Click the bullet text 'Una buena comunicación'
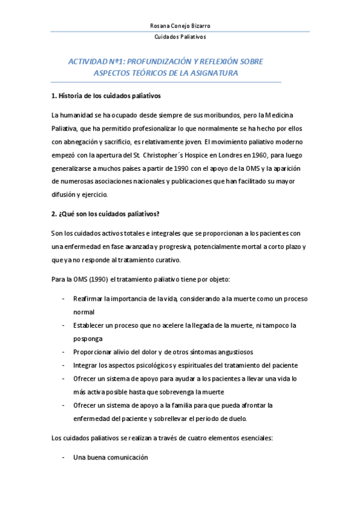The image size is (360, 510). tap(111, 457)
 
